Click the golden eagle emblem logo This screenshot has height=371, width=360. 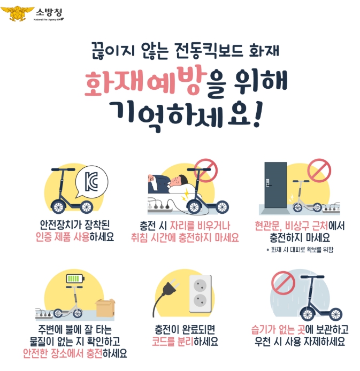17,13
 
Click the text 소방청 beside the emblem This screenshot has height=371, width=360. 49,12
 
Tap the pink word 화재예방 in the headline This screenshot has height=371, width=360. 144,81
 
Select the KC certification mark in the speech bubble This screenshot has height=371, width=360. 91,182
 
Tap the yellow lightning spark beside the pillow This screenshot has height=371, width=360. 185,195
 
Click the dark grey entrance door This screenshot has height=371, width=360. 275,185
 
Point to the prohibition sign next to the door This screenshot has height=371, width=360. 319,170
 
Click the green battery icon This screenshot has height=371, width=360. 75,279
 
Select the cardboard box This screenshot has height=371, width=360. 105,307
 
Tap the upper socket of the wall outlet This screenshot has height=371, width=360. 200,285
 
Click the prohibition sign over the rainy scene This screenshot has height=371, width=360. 283,283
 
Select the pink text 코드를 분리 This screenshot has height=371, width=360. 172,341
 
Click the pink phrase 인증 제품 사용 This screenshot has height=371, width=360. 63,237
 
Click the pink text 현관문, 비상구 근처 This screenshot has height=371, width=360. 292,226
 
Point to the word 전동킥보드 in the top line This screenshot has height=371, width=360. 209,51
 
